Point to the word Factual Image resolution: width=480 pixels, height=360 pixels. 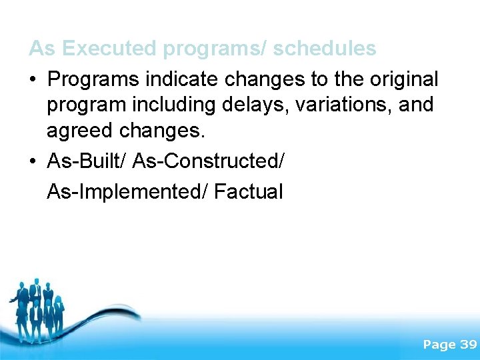coord(249,192)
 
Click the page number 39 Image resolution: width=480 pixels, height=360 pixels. coord(468,345)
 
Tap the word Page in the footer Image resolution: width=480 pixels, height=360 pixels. coord(439,345)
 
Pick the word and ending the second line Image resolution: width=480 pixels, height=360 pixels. coord(417,105)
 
